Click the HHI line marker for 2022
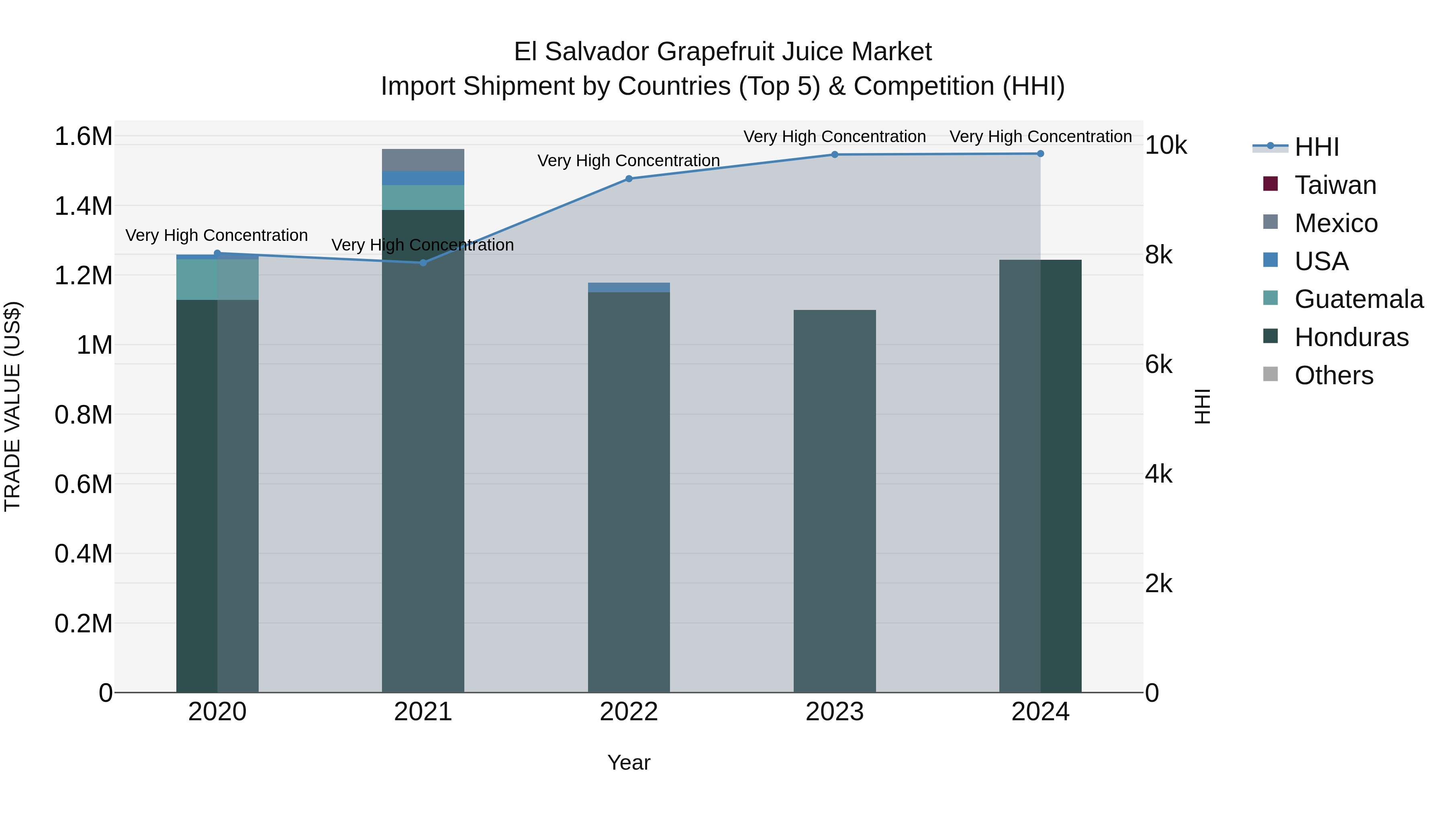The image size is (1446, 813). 629,179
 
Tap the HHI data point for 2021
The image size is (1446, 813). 423,263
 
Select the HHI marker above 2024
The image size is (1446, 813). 1040,154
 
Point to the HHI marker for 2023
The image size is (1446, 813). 835,154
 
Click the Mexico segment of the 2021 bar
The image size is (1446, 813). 423,160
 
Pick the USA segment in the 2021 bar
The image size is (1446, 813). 423,178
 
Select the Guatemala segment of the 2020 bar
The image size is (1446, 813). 217,279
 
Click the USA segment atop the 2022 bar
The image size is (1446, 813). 629,287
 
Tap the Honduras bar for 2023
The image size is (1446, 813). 835,499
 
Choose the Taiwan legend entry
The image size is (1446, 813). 1335,185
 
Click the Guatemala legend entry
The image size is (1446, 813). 1358,299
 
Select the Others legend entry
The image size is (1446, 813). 1333,375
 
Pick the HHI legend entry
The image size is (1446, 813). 1316,147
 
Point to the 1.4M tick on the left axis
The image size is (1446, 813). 84,206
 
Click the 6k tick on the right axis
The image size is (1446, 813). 1158,365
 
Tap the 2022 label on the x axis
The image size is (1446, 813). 629,712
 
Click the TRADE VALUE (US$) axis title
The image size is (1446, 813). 12,406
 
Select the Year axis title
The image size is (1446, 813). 629,762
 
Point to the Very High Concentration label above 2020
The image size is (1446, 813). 216,235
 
